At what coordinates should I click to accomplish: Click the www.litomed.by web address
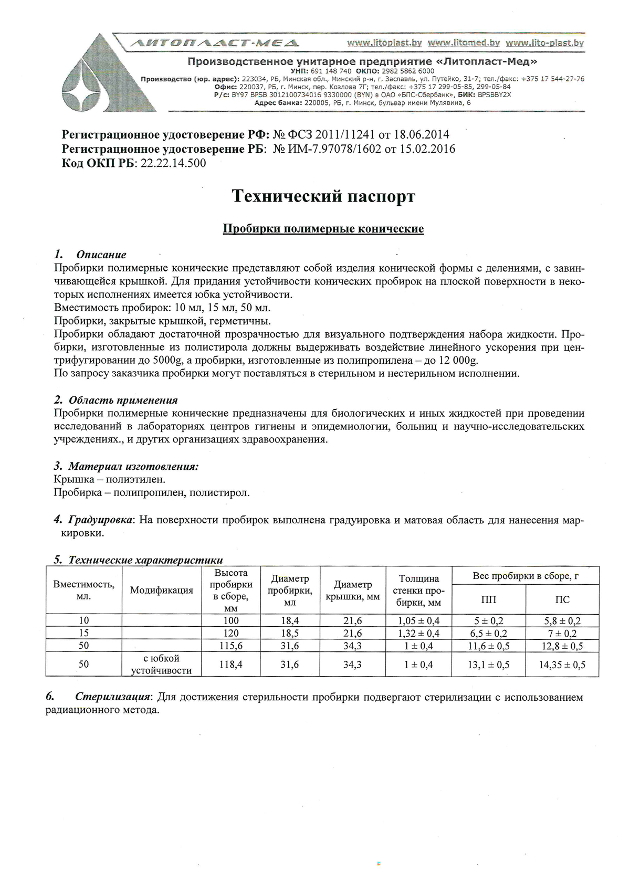(x=464, y=43)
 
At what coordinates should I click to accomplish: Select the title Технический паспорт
(x=323, y=196)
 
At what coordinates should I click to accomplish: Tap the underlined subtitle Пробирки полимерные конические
(x=323, y=229)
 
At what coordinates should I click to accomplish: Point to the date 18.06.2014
(x=421, y=134)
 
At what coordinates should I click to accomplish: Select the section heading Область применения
(x=123, y=400)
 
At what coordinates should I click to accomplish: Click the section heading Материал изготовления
(x=133, y=466)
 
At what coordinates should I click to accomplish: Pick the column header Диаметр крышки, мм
(x=353, y=591)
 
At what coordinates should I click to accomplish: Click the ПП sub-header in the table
(x=488, y=599)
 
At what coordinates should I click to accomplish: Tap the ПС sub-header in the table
(x=562, y=599)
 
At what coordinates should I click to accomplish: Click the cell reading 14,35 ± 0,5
(x=562, y=665)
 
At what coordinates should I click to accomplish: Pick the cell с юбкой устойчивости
(x=161, y=665)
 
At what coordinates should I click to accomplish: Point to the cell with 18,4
(x=289, y=621)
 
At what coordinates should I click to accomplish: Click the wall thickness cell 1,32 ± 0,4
(x=418, y=634)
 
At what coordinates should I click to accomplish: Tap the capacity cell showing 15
(x=83, y=634)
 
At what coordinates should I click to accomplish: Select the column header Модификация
(x=161, y=591)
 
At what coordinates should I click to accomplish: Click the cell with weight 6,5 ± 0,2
(x=488, y=634)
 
